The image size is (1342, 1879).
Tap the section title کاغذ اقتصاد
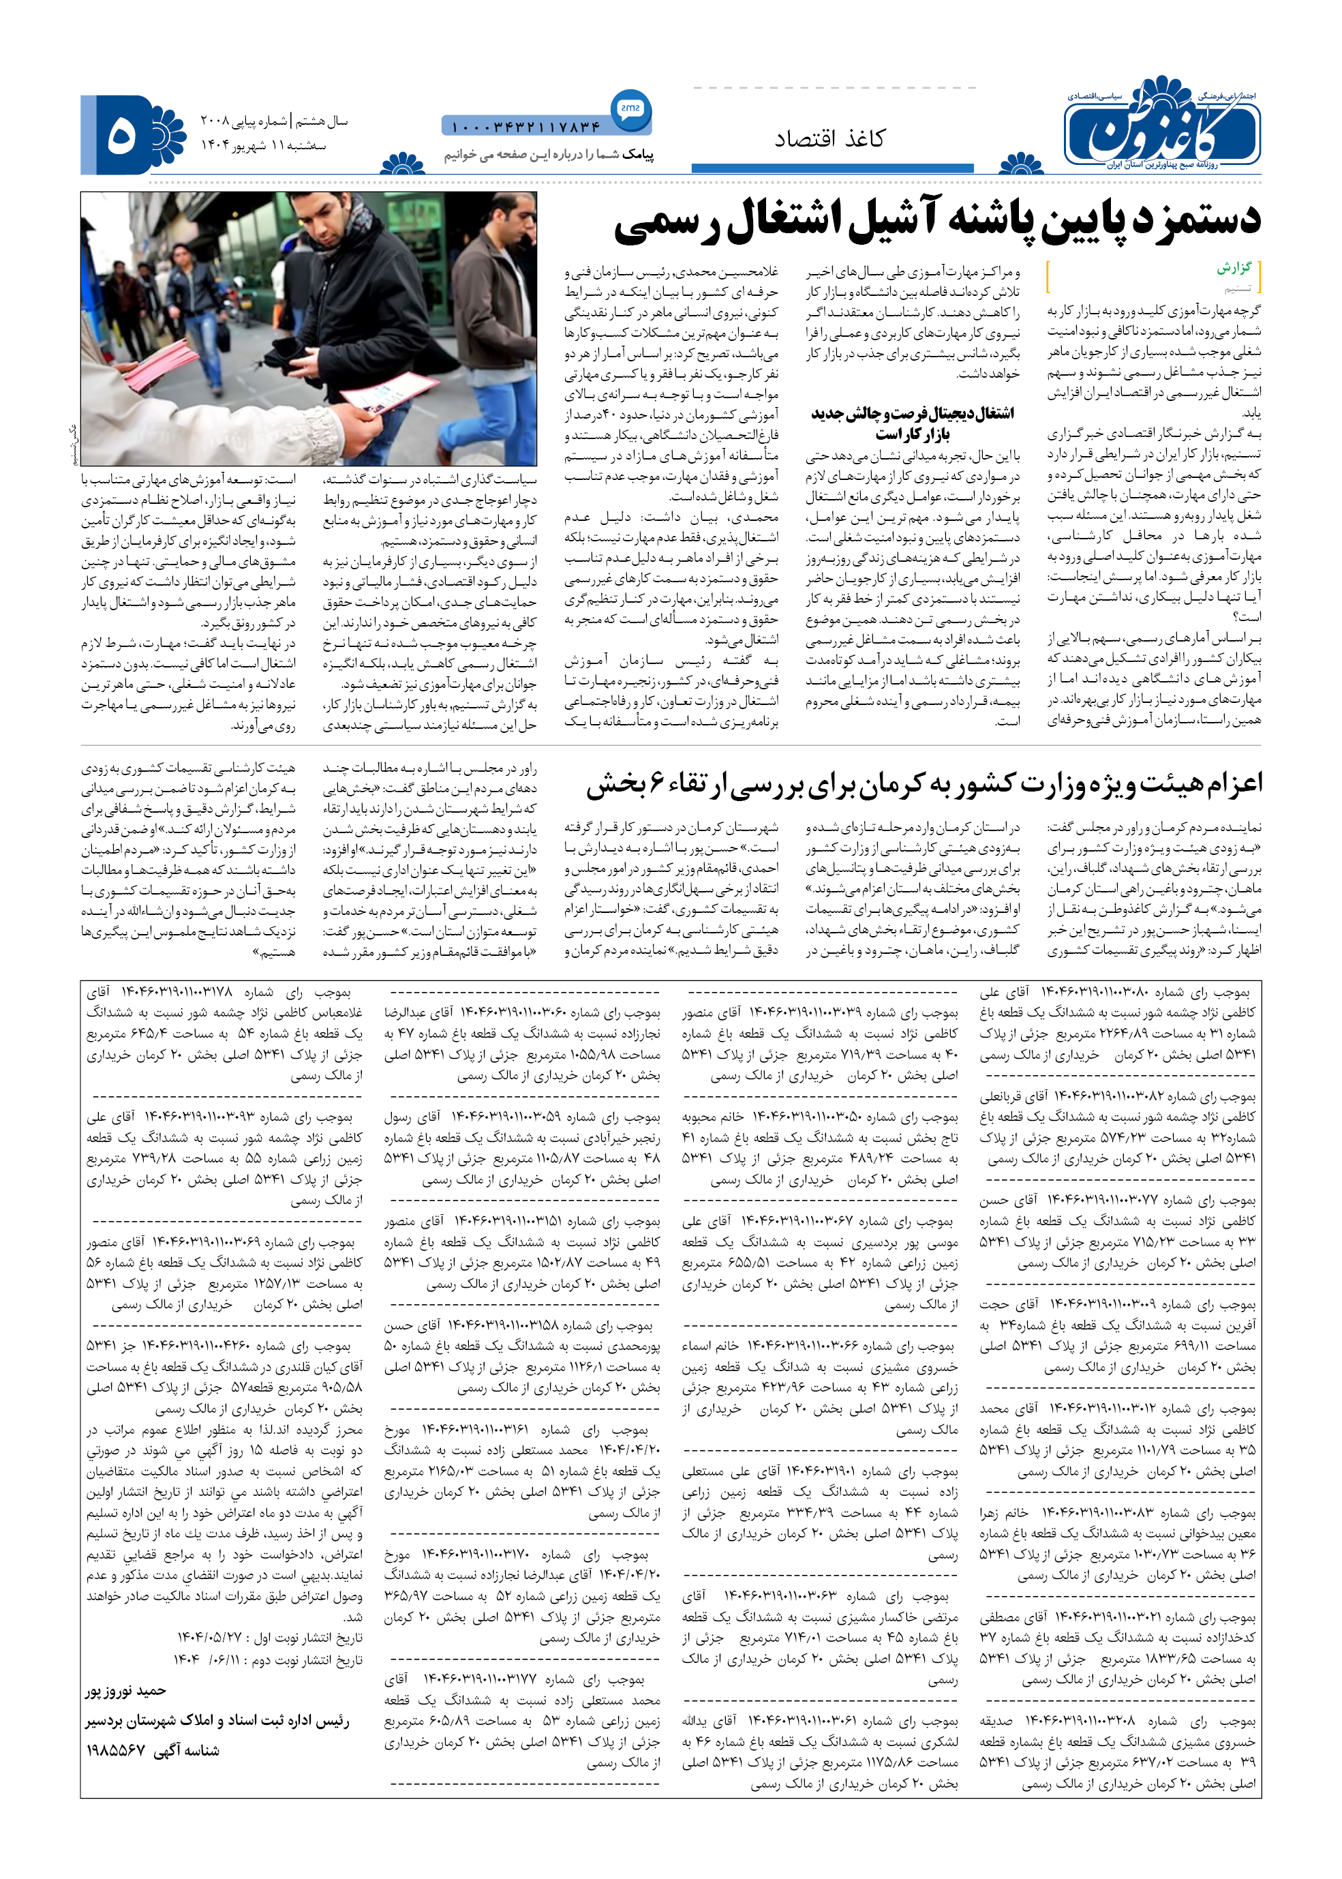click(829, 139)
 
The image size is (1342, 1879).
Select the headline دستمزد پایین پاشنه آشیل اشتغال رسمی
click(937, 221)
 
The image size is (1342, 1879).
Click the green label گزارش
click(1234, 268)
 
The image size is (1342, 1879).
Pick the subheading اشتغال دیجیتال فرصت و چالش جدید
click(911, 413)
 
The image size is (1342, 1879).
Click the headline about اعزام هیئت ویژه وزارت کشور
click(924, 782)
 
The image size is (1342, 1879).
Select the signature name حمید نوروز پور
click(125, 1691)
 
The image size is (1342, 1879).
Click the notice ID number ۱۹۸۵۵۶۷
click(116, 1750)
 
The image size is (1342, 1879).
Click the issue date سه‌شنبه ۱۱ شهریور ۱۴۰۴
click(264, 145)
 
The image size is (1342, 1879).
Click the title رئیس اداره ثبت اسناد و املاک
click(217, 1720)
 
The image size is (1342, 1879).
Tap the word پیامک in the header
click(638, 155)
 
